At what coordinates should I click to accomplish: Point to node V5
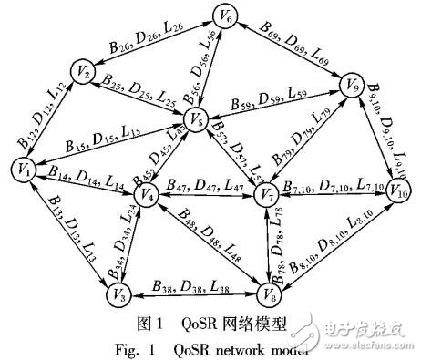193,118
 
